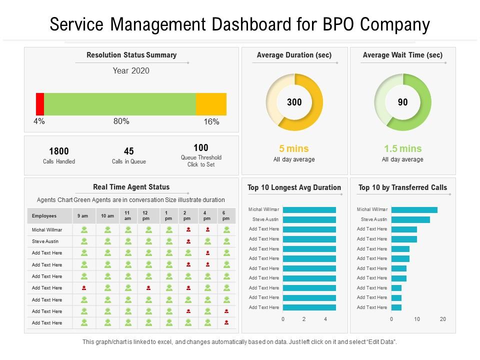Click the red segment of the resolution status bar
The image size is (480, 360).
coord(40,104)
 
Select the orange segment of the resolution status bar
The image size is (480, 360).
coord(211,104)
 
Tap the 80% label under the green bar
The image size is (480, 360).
coord(121,121)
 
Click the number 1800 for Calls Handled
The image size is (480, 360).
coord(59,151)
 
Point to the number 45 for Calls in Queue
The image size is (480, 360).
coord(129,151)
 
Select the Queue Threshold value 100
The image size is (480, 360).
coord(201,147)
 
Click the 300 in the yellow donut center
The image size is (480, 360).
coord(294,102)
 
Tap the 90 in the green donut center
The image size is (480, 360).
coord(402,102)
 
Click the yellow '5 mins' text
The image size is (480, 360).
coord(294,148)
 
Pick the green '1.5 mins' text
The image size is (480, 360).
coord(402,148)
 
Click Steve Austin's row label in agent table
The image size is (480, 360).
coord(45,241)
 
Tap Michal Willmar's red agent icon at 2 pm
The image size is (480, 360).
coord(188,229)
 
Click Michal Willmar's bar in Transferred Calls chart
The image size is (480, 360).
coord(414,210)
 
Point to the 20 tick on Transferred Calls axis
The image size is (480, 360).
coord(442,319)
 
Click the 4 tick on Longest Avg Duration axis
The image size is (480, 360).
coord(325,319)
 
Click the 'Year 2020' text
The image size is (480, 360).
coord(131,70)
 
